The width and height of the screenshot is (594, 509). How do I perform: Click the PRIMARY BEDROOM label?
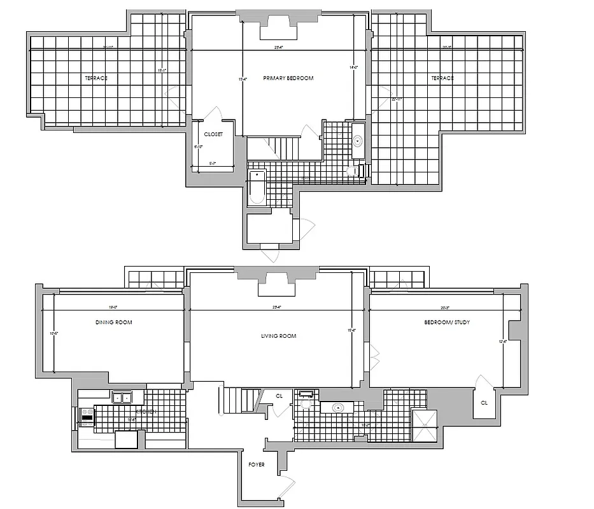[x=288, y=78]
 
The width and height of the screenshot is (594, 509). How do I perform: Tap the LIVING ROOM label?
[x=279, y=336]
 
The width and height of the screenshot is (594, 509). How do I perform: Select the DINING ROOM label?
[x=114, y=323]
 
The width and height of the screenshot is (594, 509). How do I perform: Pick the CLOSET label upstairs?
[x=213, y=135]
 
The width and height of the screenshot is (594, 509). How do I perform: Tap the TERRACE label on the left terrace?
[x=96, y=78]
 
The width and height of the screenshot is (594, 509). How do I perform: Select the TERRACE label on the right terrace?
[x=442, y=78]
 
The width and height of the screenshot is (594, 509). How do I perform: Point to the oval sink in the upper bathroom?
[x=358, y=140]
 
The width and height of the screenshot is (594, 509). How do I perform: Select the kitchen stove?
[x=86, y=417]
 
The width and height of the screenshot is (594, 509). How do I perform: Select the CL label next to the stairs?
[x=279, y=396]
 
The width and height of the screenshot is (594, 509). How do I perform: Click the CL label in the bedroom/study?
[x=484, y=403]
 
